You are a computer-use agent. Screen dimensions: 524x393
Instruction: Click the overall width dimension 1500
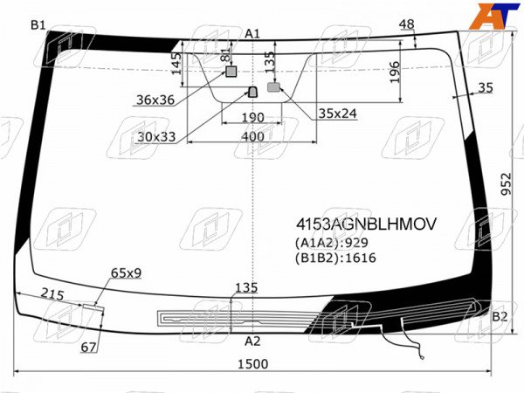[253, 364]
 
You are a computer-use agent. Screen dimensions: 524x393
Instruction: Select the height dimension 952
[507, 183]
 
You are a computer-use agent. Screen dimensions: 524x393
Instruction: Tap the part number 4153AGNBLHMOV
[366, 224]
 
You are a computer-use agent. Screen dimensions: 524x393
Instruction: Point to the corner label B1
[38, 24]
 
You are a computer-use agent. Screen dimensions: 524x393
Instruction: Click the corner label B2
[500, 316]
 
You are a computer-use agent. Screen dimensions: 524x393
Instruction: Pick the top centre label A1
[252, 33]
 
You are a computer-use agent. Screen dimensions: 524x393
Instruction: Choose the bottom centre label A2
[252, 341]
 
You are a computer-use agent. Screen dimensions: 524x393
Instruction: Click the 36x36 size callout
[155, 100]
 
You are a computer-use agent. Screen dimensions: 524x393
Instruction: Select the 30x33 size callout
[156, 136]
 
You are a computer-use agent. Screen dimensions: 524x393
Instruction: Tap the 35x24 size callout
[337, 114]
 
